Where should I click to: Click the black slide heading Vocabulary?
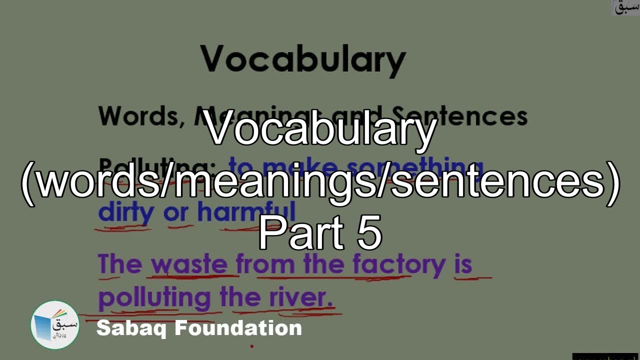click(302, 59)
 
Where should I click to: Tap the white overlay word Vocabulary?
click(320, 129)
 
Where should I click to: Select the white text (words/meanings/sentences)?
click(320, 182)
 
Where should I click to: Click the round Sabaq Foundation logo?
click(55, 325)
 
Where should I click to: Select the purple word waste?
click(189, 264)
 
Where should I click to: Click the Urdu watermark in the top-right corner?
click(625, 7)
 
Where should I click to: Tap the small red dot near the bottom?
click(252, 346)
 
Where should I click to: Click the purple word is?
click(463, 264)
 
